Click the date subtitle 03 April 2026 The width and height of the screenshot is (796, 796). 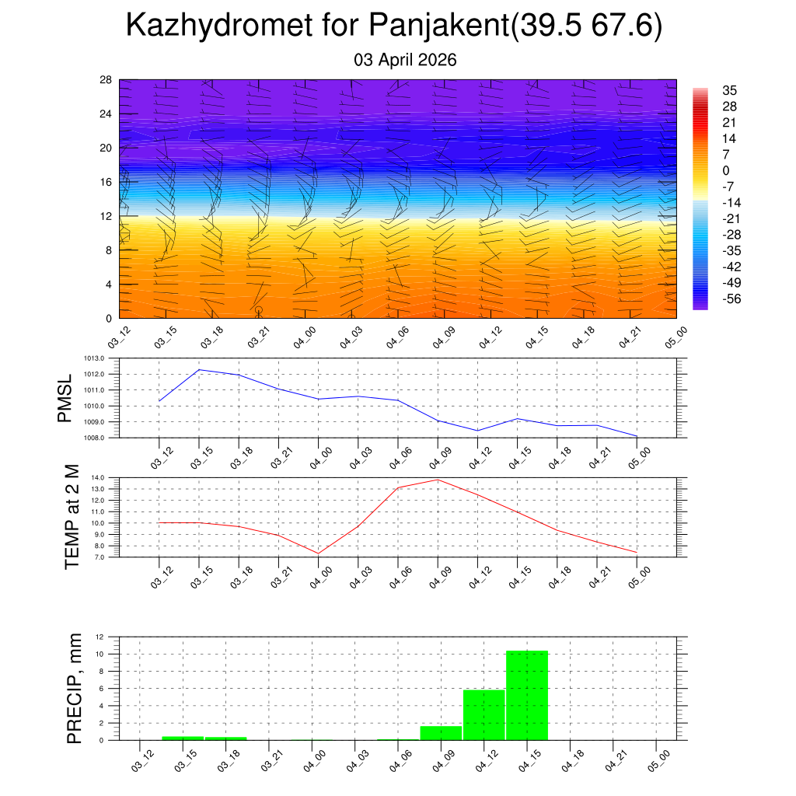[404, 60]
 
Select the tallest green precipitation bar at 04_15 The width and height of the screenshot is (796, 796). [527, 695]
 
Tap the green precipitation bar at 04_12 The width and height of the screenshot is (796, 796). [484, 714]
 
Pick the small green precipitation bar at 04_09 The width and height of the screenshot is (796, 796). [441, 732]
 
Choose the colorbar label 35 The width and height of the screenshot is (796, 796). [729, 90]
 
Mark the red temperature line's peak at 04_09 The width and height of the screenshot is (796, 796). [438, 480]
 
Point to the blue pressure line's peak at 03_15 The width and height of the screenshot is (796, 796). [200, 369]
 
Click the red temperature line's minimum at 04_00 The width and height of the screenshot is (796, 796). [319, 553]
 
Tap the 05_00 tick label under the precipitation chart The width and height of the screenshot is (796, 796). [657, 759]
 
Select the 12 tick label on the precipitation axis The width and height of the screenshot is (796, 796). [99, 637]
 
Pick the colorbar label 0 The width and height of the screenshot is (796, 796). [726, 170]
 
